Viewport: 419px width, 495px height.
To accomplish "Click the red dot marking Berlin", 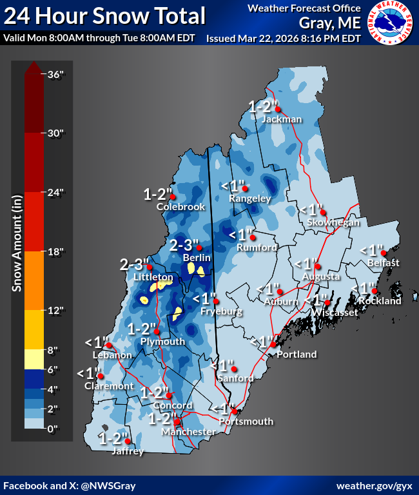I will (x=200, y=247).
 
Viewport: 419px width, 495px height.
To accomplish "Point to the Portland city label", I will (x=297, y=354).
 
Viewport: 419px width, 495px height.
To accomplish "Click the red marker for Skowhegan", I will (x=324, y=212).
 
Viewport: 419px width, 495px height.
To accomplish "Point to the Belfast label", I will (x=384, y=263).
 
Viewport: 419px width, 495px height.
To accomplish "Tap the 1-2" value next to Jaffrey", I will (x=113, y=438).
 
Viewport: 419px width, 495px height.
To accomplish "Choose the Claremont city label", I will (x=109, y=386).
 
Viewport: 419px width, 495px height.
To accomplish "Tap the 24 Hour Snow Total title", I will (x=104, y=15).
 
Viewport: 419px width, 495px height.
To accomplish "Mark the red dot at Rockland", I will (x=374, y=291).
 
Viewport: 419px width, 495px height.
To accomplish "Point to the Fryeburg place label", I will (x=221, y=312).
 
